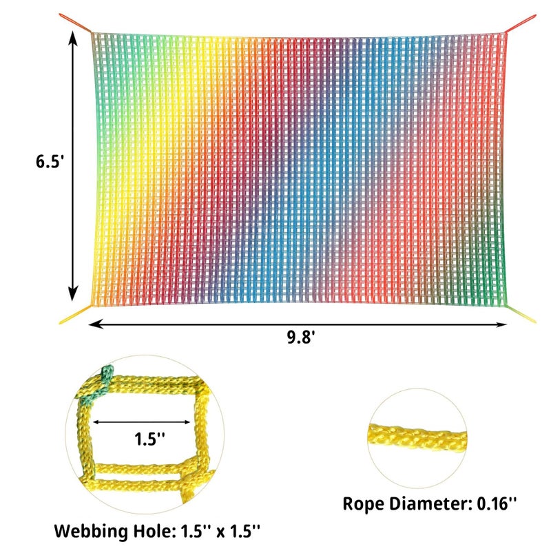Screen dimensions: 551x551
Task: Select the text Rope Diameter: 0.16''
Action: tap(430, 503)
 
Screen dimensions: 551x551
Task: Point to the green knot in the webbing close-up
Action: tap(96, 386)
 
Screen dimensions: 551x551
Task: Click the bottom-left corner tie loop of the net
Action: tap(72, 318)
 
